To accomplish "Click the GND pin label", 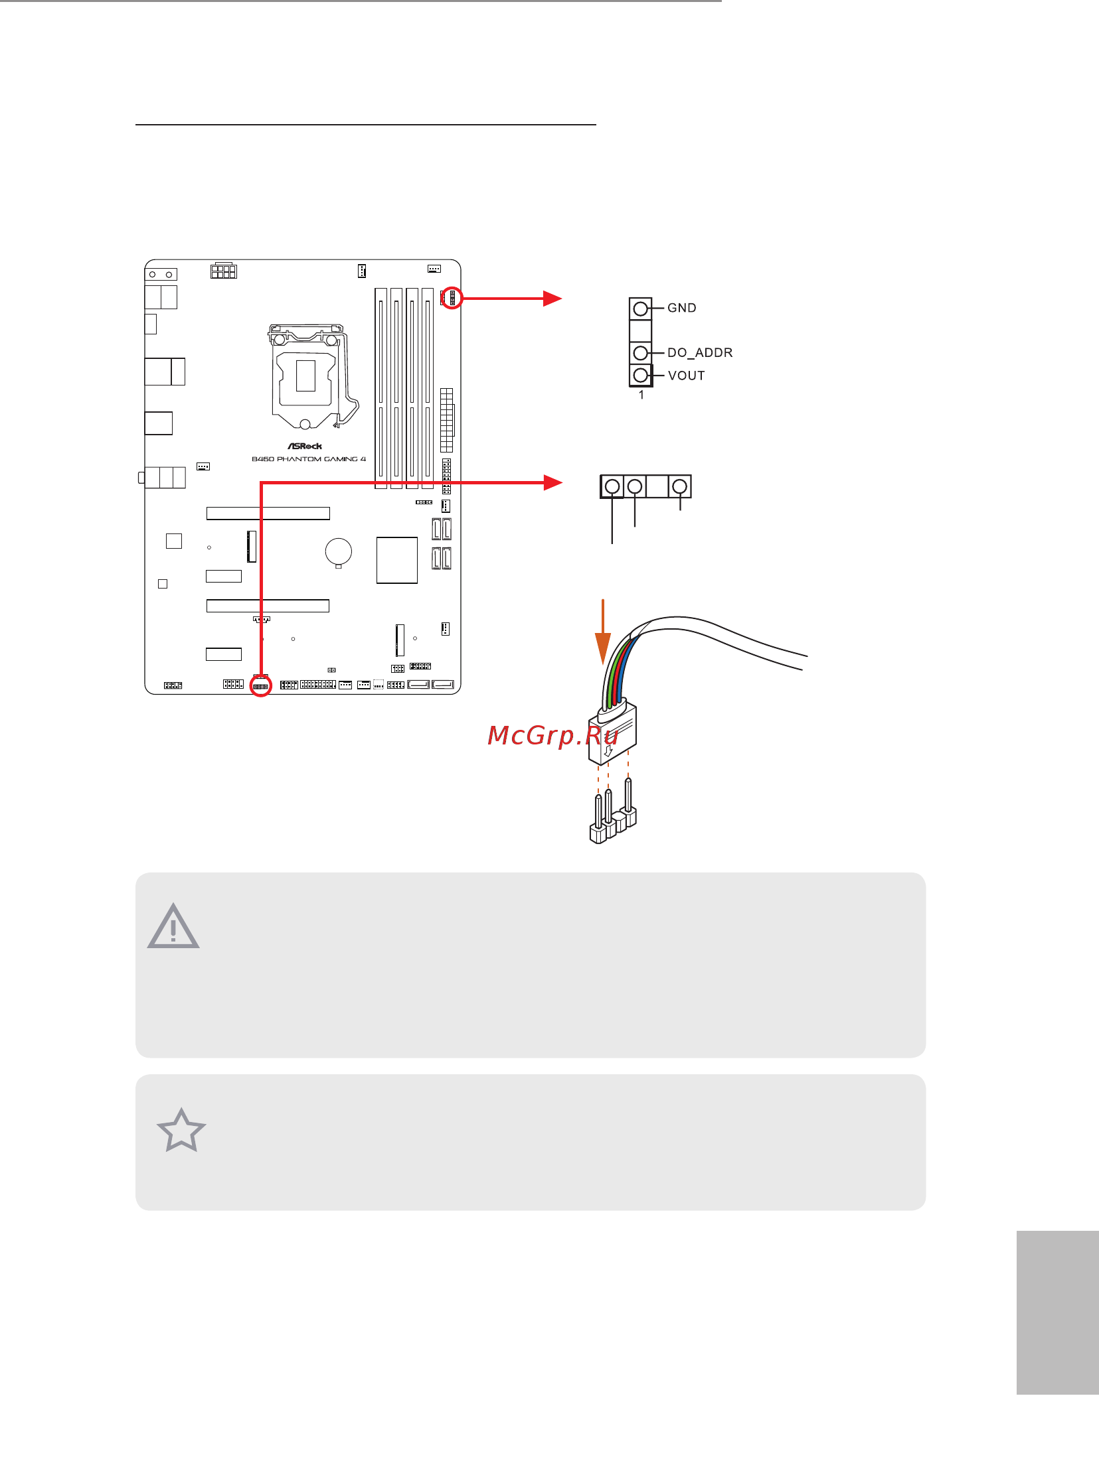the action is tap(682, 308).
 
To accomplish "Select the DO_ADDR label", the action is tap(700, 352).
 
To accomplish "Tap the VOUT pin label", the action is tap(687, 376).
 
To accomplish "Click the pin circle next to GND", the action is tap(641, 309).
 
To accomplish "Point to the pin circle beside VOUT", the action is tap(641, 376).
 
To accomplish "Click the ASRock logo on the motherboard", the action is tap(305, 447).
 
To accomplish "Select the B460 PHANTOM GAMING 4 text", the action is tap(309, 459).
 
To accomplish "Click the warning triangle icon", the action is tap(173, 926).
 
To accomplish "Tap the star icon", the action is tap(181, 1131).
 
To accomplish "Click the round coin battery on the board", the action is tap(338, 551).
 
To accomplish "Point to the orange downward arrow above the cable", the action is tap(603, 632).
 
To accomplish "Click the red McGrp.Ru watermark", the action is tap(553, 736).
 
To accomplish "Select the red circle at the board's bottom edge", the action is tap(261, 685).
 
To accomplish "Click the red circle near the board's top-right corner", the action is tap(452, 298).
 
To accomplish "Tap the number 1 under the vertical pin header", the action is tap(641, 395).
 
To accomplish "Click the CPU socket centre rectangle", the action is tap(305, 376).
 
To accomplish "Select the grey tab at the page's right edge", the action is tap(1057, 1312).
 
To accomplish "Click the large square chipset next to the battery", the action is tap(396, 561).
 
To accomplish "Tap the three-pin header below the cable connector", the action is tap(613, 811).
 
